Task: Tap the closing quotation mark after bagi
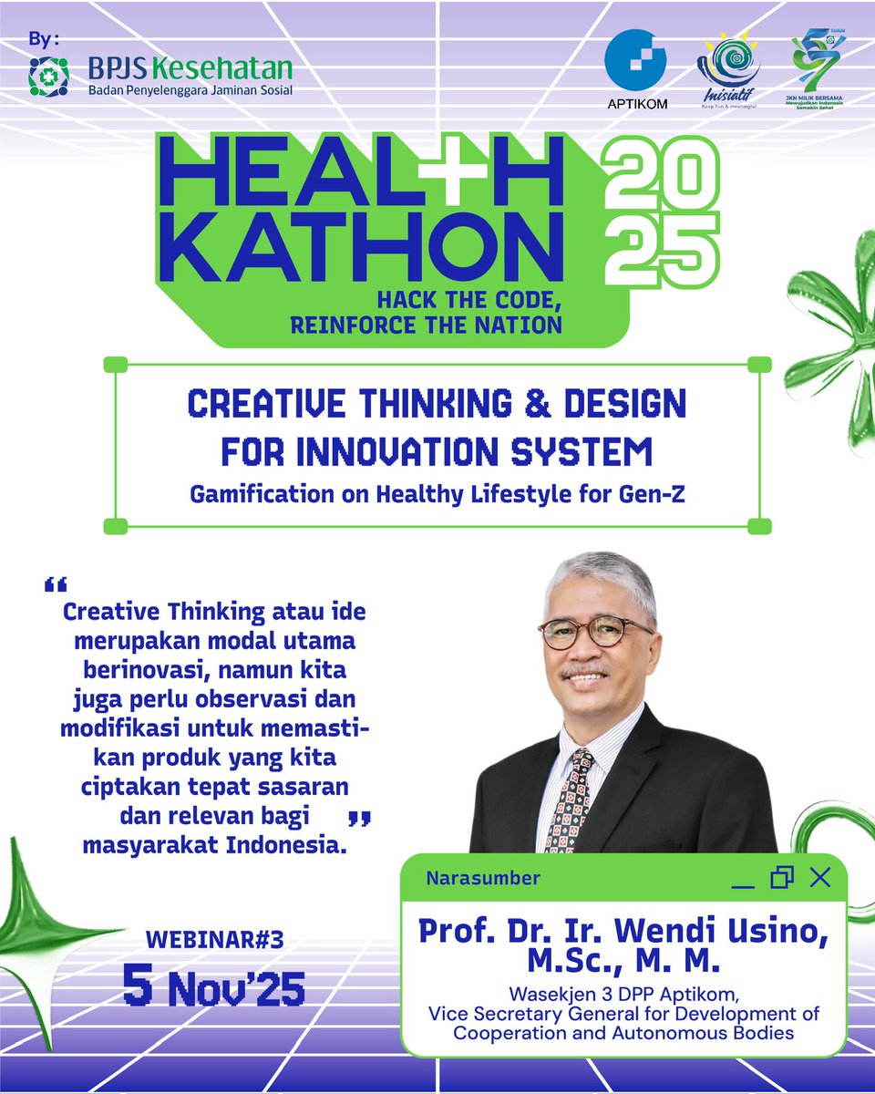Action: [360, 817]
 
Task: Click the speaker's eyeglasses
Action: [596, 631]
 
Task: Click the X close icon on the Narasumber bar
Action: [819, 877]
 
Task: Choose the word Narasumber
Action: [483, 879]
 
